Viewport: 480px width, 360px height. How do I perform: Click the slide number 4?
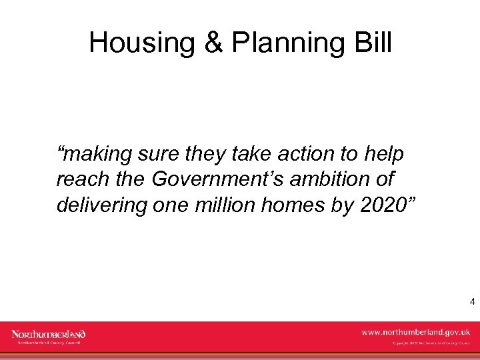(x=472, y=302)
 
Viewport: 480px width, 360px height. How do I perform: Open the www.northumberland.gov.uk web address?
(x=415, y=331)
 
